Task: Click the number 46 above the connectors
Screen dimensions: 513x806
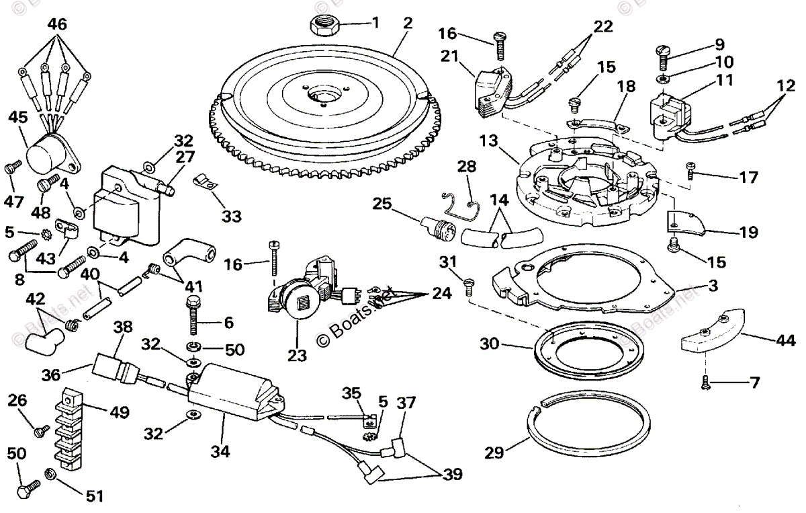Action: [x=57, y=26]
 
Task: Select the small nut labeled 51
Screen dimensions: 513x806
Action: [x=50, y=475]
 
